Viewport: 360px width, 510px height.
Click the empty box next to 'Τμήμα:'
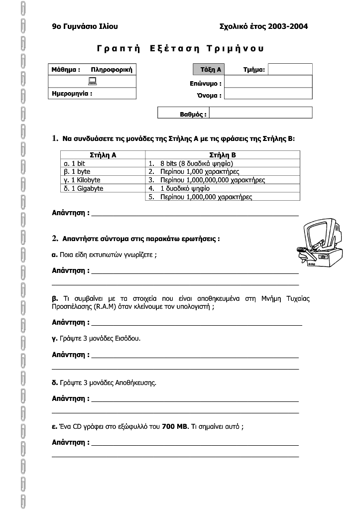pyautogui.click(x=290, y=69)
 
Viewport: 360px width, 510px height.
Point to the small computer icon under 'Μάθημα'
pyautogui.click(x=93, y=81)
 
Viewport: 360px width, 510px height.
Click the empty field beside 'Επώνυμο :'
pyautogui.click(x=268, y=84)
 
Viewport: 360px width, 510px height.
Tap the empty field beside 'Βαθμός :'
pyautogui.click(x=261, y=113)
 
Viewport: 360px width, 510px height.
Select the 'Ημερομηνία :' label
pyautogui.click(x=72, y=93)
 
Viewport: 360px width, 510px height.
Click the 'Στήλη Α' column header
pyautogui.click(x=103, y=155)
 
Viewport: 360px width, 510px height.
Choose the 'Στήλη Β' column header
pyautogui.click(x=223, y=155)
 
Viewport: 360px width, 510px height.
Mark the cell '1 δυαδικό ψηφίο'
pyautogui.click(x=185, y=188)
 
